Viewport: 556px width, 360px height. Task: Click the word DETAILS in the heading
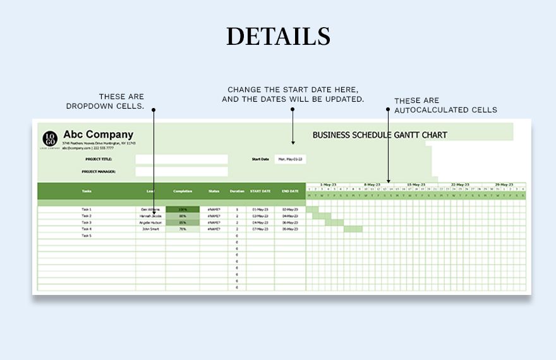coord(278,36)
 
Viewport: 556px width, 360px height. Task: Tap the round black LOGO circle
coord(50,138)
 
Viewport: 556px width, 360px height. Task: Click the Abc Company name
coord(98,135)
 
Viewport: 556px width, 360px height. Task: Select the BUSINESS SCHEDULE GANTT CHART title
coord(380,135)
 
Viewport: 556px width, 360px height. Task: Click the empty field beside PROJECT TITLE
coord(181,159)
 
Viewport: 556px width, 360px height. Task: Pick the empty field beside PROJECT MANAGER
coord(181,171)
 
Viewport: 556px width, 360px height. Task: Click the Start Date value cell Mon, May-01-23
coord(290,159)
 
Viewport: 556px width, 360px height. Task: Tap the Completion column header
coord(183,191)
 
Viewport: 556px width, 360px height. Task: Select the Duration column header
coord(237,191)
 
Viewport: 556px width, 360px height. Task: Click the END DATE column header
coord(290,191)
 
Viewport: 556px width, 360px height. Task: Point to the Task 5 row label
coord(87,236)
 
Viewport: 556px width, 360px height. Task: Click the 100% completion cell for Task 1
coord(183,209)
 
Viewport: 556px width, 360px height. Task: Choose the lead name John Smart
coord(150,229)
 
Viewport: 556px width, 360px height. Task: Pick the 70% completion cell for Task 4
coord(183,229)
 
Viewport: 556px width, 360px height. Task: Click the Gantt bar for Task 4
coord(353,229)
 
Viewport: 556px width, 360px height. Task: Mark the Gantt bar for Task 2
coord(322,216)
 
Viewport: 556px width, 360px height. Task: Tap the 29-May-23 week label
coord(504,184)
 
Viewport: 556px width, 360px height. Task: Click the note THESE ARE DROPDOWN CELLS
coord(105,101)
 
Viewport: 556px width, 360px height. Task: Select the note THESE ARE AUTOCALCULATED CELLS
coord(445,105)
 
